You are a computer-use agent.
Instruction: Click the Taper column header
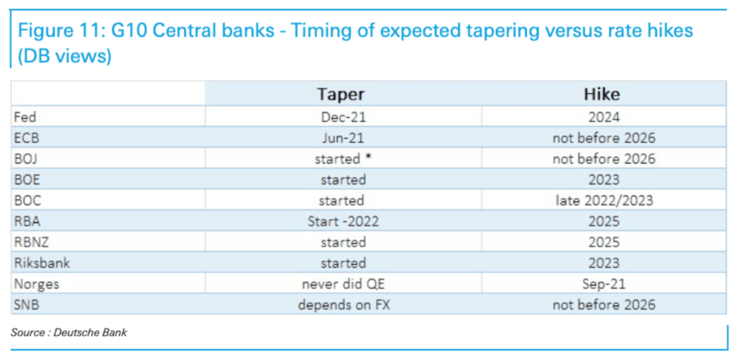click(x=341, y=94)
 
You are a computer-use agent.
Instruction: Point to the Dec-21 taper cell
click(x=343, y=117)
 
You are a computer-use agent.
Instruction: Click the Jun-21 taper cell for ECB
click(x=343, y=138)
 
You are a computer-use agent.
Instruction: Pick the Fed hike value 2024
click(x=604, y=117)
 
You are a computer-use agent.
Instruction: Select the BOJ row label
click(x=25, y=159)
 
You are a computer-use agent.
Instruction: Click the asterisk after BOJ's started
click(x=369, y=157)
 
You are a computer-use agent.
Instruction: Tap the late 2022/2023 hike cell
click(x=603, y=200)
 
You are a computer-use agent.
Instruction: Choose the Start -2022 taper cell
click(x=343, y=221)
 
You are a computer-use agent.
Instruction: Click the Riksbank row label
click(x=42, y=263)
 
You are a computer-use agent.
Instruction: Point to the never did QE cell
click(x=343, y=284)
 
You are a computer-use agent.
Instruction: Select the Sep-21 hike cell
click(x=604, y=284)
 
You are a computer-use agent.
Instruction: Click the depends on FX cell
click(x=344, y=305)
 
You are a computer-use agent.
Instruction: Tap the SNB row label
click(x=25, y=305)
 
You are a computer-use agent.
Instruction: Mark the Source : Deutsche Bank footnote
click(x=69, y=333)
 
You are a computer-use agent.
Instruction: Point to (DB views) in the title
click(x=65, y=56)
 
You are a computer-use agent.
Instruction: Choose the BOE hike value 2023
click(x=604, y=180)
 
